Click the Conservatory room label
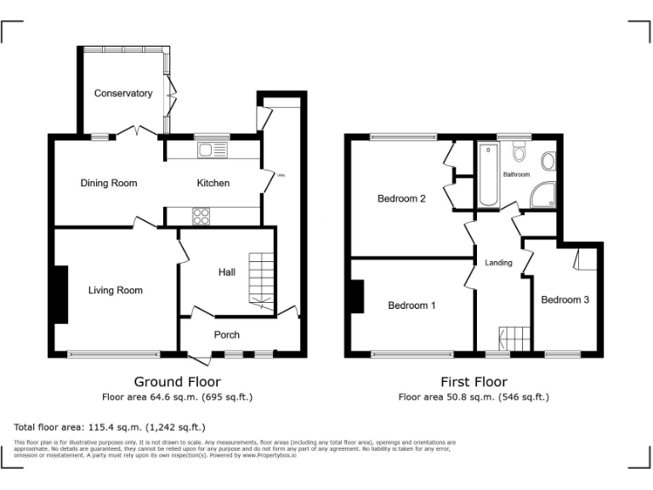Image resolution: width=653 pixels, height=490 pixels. [x=123, y=94]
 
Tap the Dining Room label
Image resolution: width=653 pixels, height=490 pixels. [x=109, y=183]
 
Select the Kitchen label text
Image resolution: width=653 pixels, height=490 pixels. [x=213, y=183]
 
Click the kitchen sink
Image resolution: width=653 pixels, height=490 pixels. [x=209, y=151]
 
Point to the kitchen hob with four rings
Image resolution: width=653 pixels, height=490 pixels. [x=202, y=216]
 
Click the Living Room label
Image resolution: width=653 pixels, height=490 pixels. [x=116, y=290]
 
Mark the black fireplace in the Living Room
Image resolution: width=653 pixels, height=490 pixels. [x=61, y=294]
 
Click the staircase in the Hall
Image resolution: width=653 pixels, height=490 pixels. [x=262, y=281]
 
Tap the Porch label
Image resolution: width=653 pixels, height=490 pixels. [x=226, y=334]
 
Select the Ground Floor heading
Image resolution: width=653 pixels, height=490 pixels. [x=177, y=382]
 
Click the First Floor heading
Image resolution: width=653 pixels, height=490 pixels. [x=474, y=382]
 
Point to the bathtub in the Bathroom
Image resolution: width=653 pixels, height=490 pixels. [x=489, y=175]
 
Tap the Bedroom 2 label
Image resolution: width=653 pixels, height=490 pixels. [x=401, y=199]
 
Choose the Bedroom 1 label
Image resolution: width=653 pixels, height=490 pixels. [x=412, y=305]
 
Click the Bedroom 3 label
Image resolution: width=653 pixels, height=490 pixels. [x=565, y=299]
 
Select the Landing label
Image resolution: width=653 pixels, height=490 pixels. [x=498, y=263]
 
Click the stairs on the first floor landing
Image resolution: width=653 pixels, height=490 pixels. [x=513, y=339]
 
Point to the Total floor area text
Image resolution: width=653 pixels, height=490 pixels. [x=110, y=427]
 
